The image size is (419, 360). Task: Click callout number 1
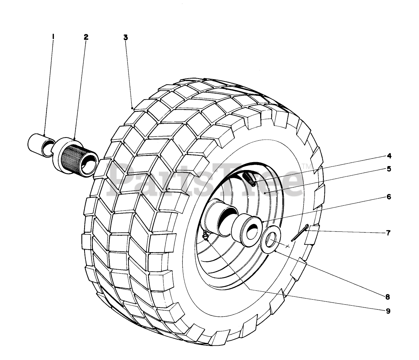click(x=53, y=36)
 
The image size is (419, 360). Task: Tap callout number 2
click(x=86, y=36)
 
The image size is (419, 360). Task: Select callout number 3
click(x=126, y=37)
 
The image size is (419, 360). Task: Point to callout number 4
click(x=389, y=156)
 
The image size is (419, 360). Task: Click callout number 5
click(x=389, y=169)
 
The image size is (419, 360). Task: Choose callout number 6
click(x=389, y=197)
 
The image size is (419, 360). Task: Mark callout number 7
click(x=388, y=232)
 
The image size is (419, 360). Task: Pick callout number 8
click(x=387, y=296)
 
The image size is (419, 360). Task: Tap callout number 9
click(x=388, y=311)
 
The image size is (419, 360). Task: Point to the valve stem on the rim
click(x=249, y=179)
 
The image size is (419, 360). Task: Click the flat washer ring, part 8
click(x=271, y=240)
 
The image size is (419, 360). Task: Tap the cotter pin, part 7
click(x=299, y=232)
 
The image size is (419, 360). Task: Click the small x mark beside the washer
click(x=288, y=246)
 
